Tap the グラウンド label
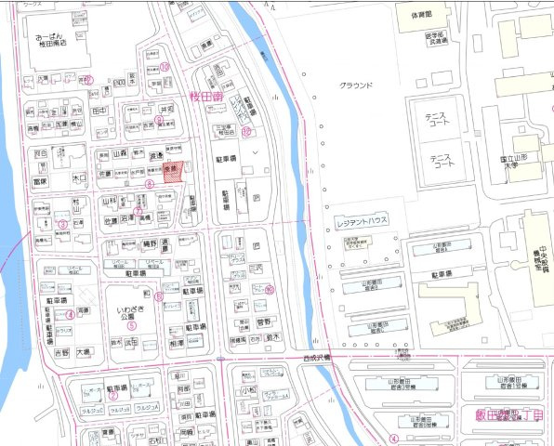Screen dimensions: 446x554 [x=356, y=85]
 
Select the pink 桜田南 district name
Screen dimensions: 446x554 [x=203, y=95]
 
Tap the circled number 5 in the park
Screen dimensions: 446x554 [x=132, y=325]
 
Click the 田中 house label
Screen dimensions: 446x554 [x=100, y=110]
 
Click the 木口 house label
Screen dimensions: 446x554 [x=79, y=174]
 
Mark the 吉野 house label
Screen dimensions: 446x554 [x=62, y=353]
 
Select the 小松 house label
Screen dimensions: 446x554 [x=249, y=392]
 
